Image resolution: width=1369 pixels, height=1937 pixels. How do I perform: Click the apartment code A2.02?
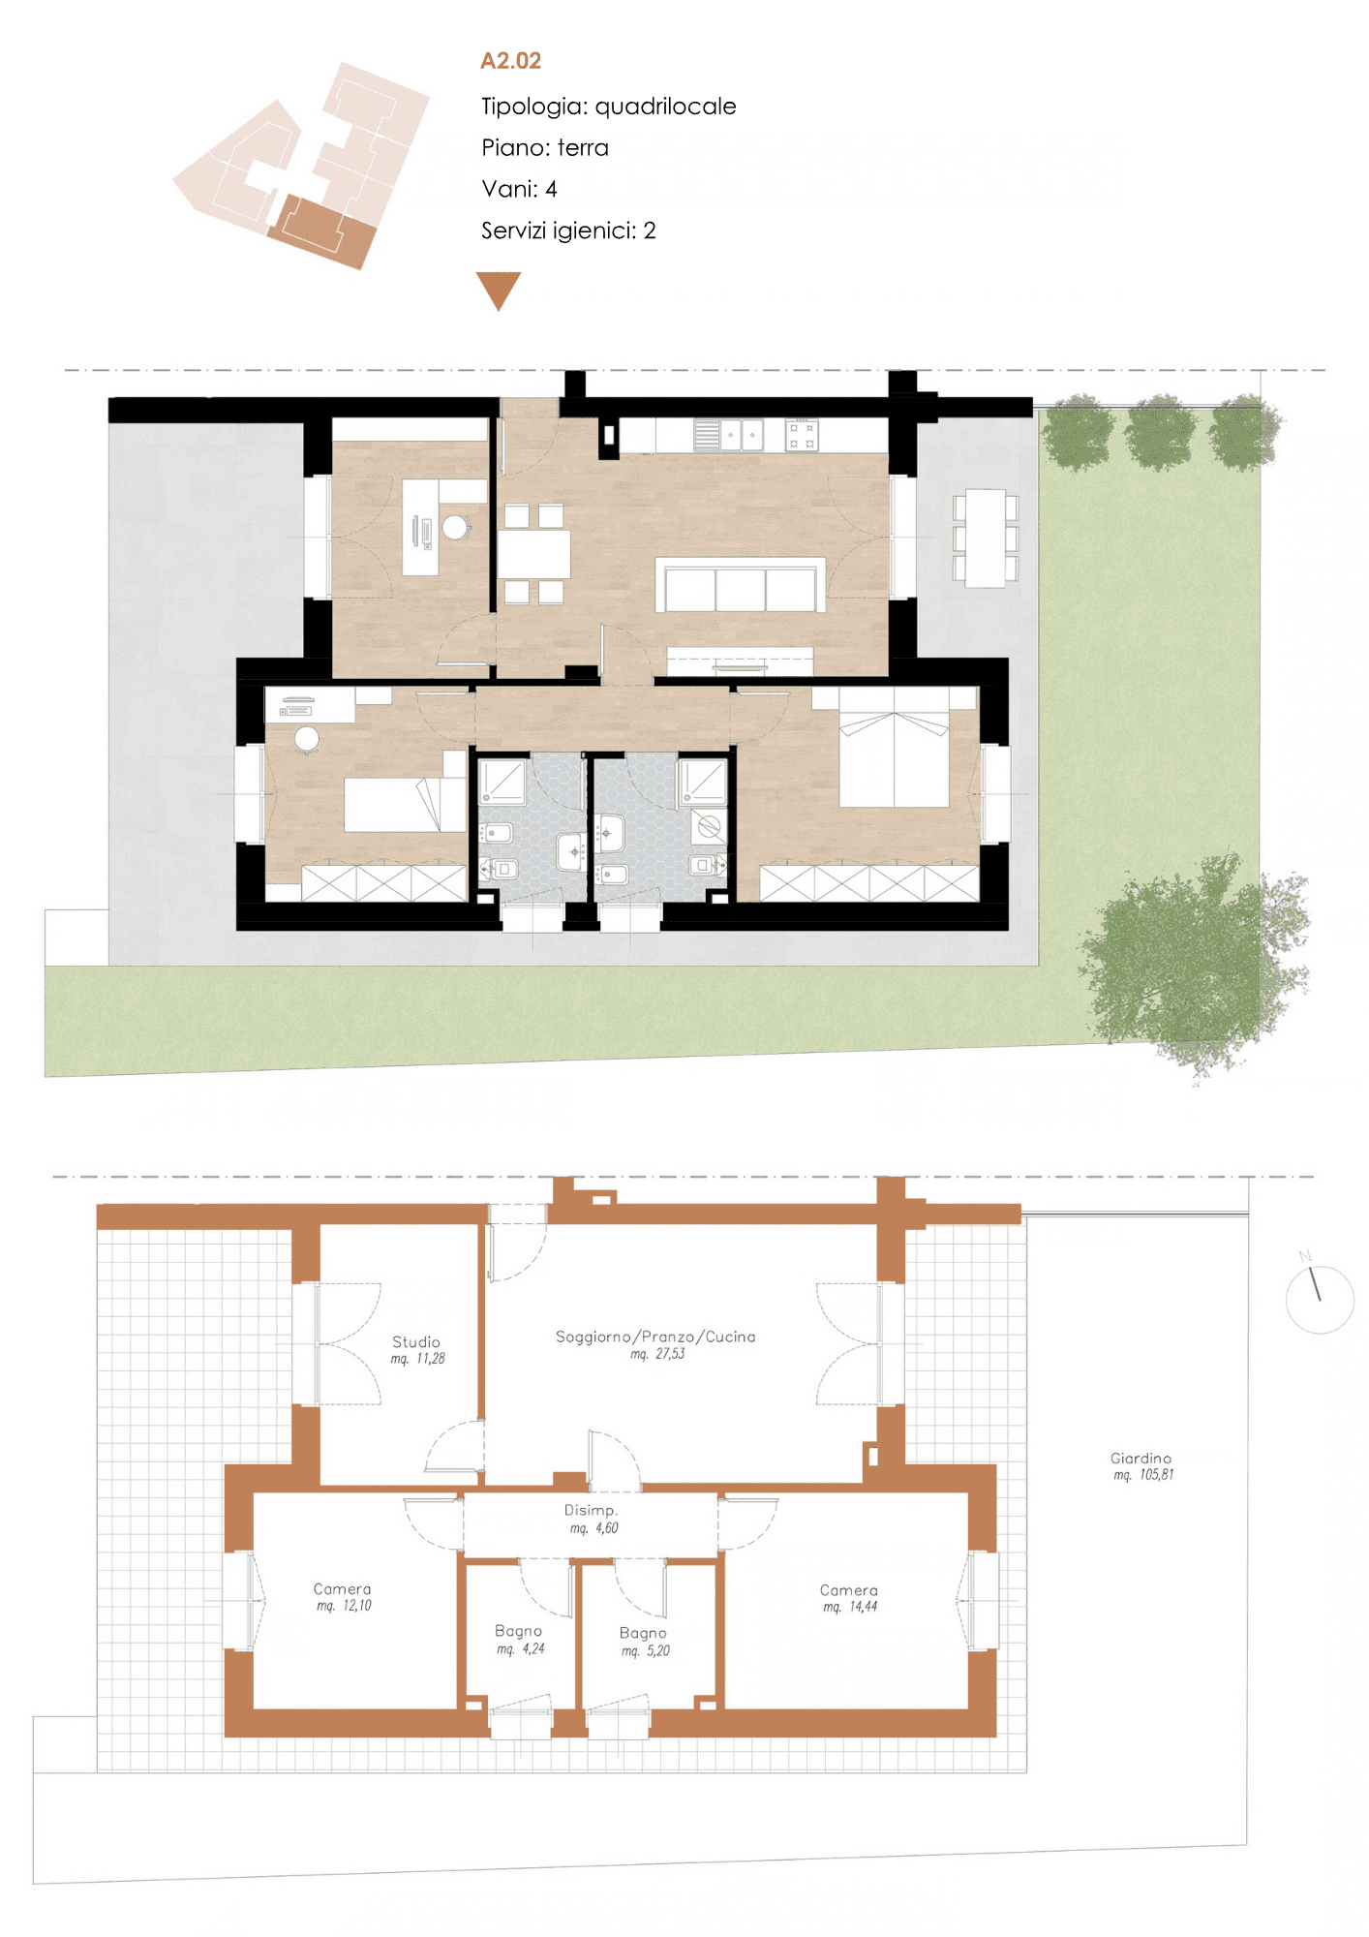click(510, 61)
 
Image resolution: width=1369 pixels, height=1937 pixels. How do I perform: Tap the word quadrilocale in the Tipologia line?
click(665, 107)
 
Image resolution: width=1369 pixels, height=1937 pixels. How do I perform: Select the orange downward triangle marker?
click(499, 291)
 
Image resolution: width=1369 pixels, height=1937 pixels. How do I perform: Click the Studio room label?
click(416, 1341)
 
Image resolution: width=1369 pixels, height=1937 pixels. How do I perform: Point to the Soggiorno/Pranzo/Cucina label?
click(655, 1337)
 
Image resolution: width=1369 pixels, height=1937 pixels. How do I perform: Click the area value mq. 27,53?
click(657, 1354)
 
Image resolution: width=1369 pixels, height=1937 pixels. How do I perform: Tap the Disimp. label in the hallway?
click(592, 1510)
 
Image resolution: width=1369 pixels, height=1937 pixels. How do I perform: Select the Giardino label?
click(1141, 1458)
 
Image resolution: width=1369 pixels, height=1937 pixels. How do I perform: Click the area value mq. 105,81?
click(1143, 1475)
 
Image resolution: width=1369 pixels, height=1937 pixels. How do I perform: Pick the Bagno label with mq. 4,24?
click(518, 1631)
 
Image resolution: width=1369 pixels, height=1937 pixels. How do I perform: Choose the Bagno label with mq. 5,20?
click(643, 1633)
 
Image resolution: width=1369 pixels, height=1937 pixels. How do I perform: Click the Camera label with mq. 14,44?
click(849, 1590)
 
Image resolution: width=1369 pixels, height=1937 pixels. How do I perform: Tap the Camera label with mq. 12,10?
click(343, 1589)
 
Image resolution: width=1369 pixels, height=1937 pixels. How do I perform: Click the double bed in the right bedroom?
click(894, 748)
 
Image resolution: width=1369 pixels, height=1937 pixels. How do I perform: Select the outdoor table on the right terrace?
click(986, 538)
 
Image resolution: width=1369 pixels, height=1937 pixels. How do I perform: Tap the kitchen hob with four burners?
click(802, 435)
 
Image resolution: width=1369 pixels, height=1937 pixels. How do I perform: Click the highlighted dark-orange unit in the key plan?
click(321, 232)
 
